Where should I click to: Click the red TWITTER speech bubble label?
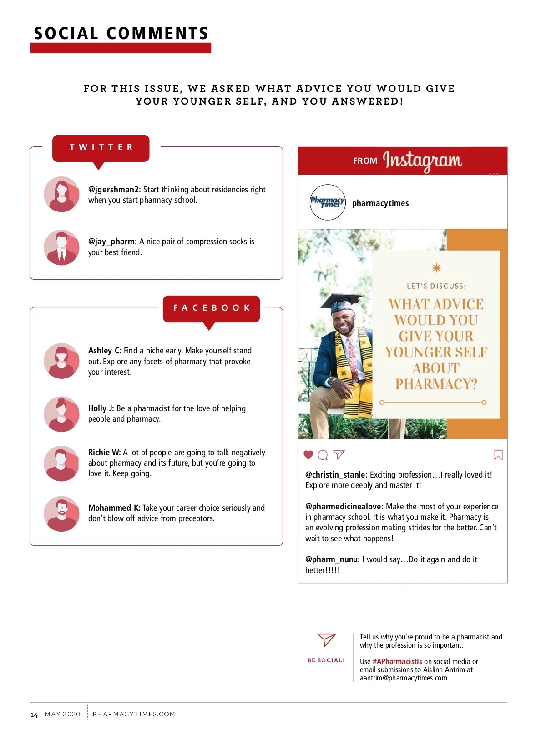[101, 149]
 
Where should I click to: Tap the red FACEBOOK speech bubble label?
[211, 309]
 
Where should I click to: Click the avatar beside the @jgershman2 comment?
[61, 194]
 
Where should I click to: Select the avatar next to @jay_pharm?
[61, 247]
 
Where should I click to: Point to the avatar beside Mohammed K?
[61, 514]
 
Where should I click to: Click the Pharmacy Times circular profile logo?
[328, 202]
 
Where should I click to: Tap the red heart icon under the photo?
[308, 455]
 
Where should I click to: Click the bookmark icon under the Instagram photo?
[498, 455]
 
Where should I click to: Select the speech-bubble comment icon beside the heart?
[323, 455]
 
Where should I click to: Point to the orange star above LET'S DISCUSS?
[436, 268]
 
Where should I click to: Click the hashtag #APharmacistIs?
[397, 661]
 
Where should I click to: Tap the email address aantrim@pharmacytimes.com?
[404, 678]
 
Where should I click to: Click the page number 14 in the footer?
[34, 715]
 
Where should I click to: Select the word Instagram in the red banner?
[422, 161]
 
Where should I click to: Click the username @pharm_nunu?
[332, 560]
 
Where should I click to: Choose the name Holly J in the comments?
[101, 408]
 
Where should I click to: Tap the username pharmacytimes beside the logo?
[380, 203]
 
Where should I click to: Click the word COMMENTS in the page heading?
[157, 33]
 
